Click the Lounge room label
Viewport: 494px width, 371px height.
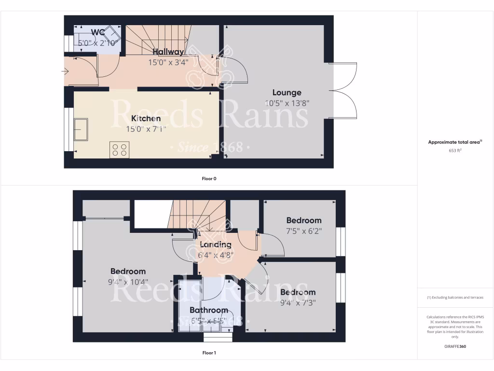[x=287, y=93]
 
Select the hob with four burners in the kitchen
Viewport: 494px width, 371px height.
[x=120, y=150]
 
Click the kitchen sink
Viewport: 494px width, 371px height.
[x=81, y=129]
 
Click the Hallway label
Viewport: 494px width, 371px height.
[x=168, y=52]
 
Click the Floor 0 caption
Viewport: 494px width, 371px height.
[x=209, y=179]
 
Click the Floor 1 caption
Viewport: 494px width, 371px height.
[x=209, y=353]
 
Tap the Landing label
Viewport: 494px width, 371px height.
[x=215, y=244]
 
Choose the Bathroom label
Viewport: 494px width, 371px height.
[x=208, y=310]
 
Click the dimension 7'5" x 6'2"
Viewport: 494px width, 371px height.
[x=303, y=231]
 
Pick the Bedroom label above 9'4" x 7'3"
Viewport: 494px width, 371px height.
[x=298, y=292]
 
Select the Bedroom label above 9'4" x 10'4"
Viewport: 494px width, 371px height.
[x=128, y=271]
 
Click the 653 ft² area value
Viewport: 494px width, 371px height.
[x=455, y=150]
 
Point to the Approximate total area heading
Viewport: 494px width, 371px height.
[x=455, y=142]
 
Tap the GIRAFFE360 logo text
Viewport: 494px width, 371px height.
[x=455, y=346]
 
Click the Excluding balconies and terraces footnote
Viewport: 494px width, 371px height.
[x=455, y=298]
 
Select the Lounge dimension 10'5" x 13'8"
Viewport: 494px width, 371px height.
[x=287, y=103]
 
